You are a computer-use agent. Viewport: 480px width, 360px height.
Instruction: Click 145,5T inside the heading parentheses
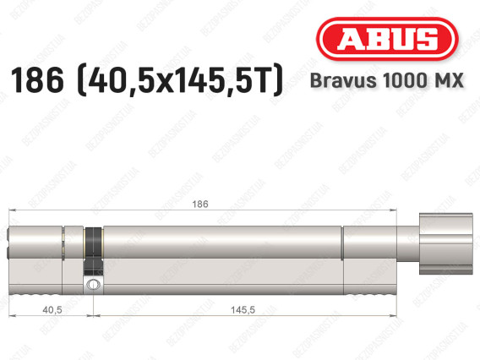(x=221, y=83)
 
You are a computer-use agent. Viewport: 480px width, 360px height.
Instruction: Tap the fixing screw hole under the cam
(x=90, y=286)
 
